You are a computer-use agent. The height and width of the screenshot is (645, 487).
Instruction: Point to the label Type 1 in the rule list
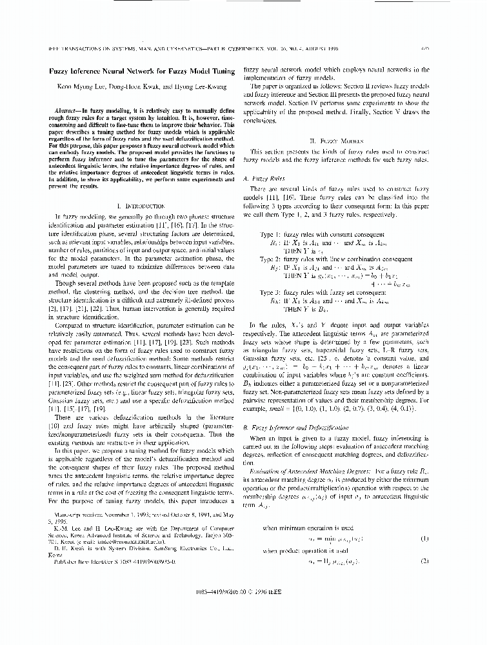pyautogui.click(x=271, y=234)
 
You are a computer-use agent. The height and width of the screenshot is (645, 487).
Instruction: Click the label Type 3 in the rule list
pyautogui.click(x=271, y=292)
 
